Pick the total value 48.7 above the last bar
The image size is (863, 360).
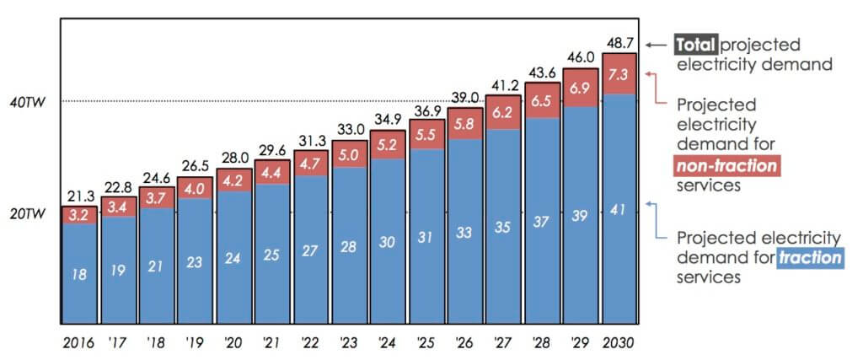pyautogui.click(x=619, y=42)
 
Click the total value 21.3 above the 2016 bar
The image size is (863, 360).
pyautogui.click(x=79, y=196)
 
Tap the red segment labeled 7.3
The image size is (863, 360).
pyautogui.click(x=619, y=73)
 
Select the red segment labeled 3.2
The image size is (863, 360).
pyautogui.click(x=79, y=214)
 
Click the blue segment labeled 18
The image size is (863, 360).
pyautogui.click(x=79, y=273)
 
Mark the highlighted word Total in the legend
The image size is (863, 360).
pyautogui.click(x=695, y=45)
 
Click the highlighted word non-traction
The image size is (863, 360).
pyautogui.click(x=726, y=166)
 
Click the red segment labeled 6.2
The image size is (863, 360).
pyautogui.click(x=503, y=112)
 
